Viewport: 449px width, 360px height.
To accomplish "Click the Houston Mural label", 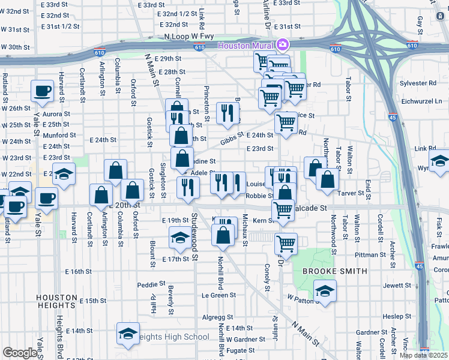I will pyautogui.click(x=246, y=46).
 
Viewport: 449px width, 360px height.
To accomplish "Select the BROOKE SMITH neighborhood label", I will pyautogui.click(x=334, y=271).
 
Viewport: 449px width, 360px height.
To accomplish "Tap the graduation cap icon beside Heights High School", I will pyautogui.click(x=128, y=334).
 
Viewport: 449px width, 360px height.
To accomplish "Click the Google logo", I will pyautogui.click(x=20, y=353).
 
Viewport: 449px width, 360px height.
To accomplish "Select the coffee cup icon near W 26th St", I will pyautogui.click(x=42, y=91).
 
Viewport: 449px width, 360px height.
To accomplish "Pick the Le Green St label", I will pyautogui.click(x=218, y=295).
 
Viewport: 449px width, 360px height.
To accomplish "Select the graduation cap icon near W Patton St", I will pyautogui.click(x=325, y=292).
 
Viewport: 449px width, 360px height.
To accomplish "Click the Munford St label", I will pyautogui.click(x=59, y=135).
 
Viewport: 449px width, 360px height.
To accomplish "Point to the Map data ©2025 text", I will pyautogui.click(x=424, y=355).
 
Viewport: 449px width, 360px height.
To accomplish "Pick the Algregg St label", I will pyautogui.click(x=217, y=317).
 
